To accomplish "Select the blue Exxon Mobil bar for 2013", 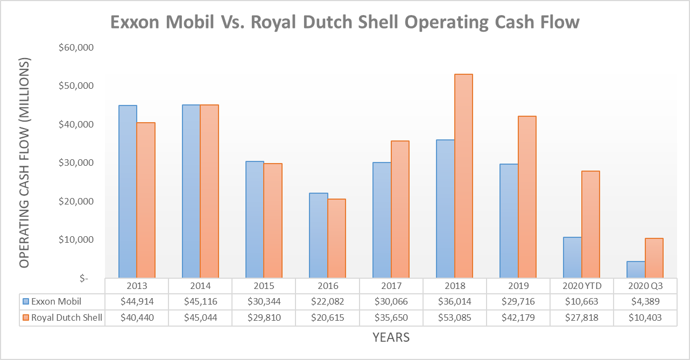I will [128, 192].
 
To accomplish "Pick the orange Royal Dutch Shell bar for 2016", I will [336, 238].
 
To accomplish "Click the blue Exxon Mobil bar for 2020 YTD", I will [572, 257].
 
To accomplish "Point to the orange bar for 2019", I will [527, 197].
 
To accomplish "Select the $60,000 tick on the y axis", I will [76, 47].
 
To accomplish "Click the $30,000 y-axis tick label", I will [76, 163].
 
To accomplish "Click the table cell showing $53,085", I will [455, 318].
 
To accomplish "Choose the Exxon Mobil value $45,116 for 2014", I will [200, 301].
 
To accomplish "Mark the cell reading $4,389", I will [645, 301].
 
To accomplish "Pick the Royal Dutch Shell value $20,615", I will [327, 318].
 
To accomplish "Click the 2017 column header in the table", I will [391, 286].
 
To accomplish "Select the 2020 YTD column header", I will [581, 286].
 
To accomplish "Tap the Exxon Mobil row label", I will [57, 301].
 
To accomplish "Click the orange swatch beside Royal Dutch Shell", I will [25, 318].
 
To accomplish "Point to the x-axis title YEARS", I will [391, 337].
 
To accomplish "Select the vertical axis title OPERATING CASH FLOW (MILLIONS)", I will [24, 163].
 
